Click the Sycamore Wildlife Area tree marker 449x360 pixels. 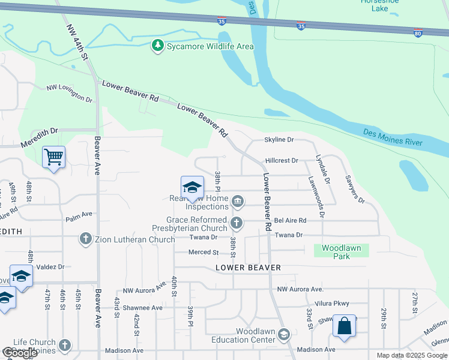click(x=157, y=45)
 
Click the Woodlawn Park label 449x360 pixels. click(x=341, y=251)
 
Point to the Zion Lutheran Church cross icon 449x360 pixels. click(x=86, y=239)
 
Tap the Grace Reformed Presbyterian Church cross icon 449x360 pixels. click(x=237, y=224)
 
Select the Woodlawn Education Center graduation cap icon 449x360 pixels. click(x=284, y=334)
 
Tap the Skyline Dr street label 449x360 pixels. click(x=279, y=139)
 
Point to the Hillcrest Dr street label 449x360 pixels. click(x=282, y=161)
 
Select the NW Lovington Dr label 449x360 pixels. click(x=70, y=93)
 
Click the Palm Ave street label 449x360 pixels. click(x=79, y=214)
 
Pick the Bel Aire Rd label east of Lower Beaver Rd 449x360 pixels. click(x=290, y=220)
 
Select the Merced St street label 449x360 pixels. click(x=203, y=253)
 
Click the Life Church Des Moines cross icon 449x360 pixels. click(x=65, y=346)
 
